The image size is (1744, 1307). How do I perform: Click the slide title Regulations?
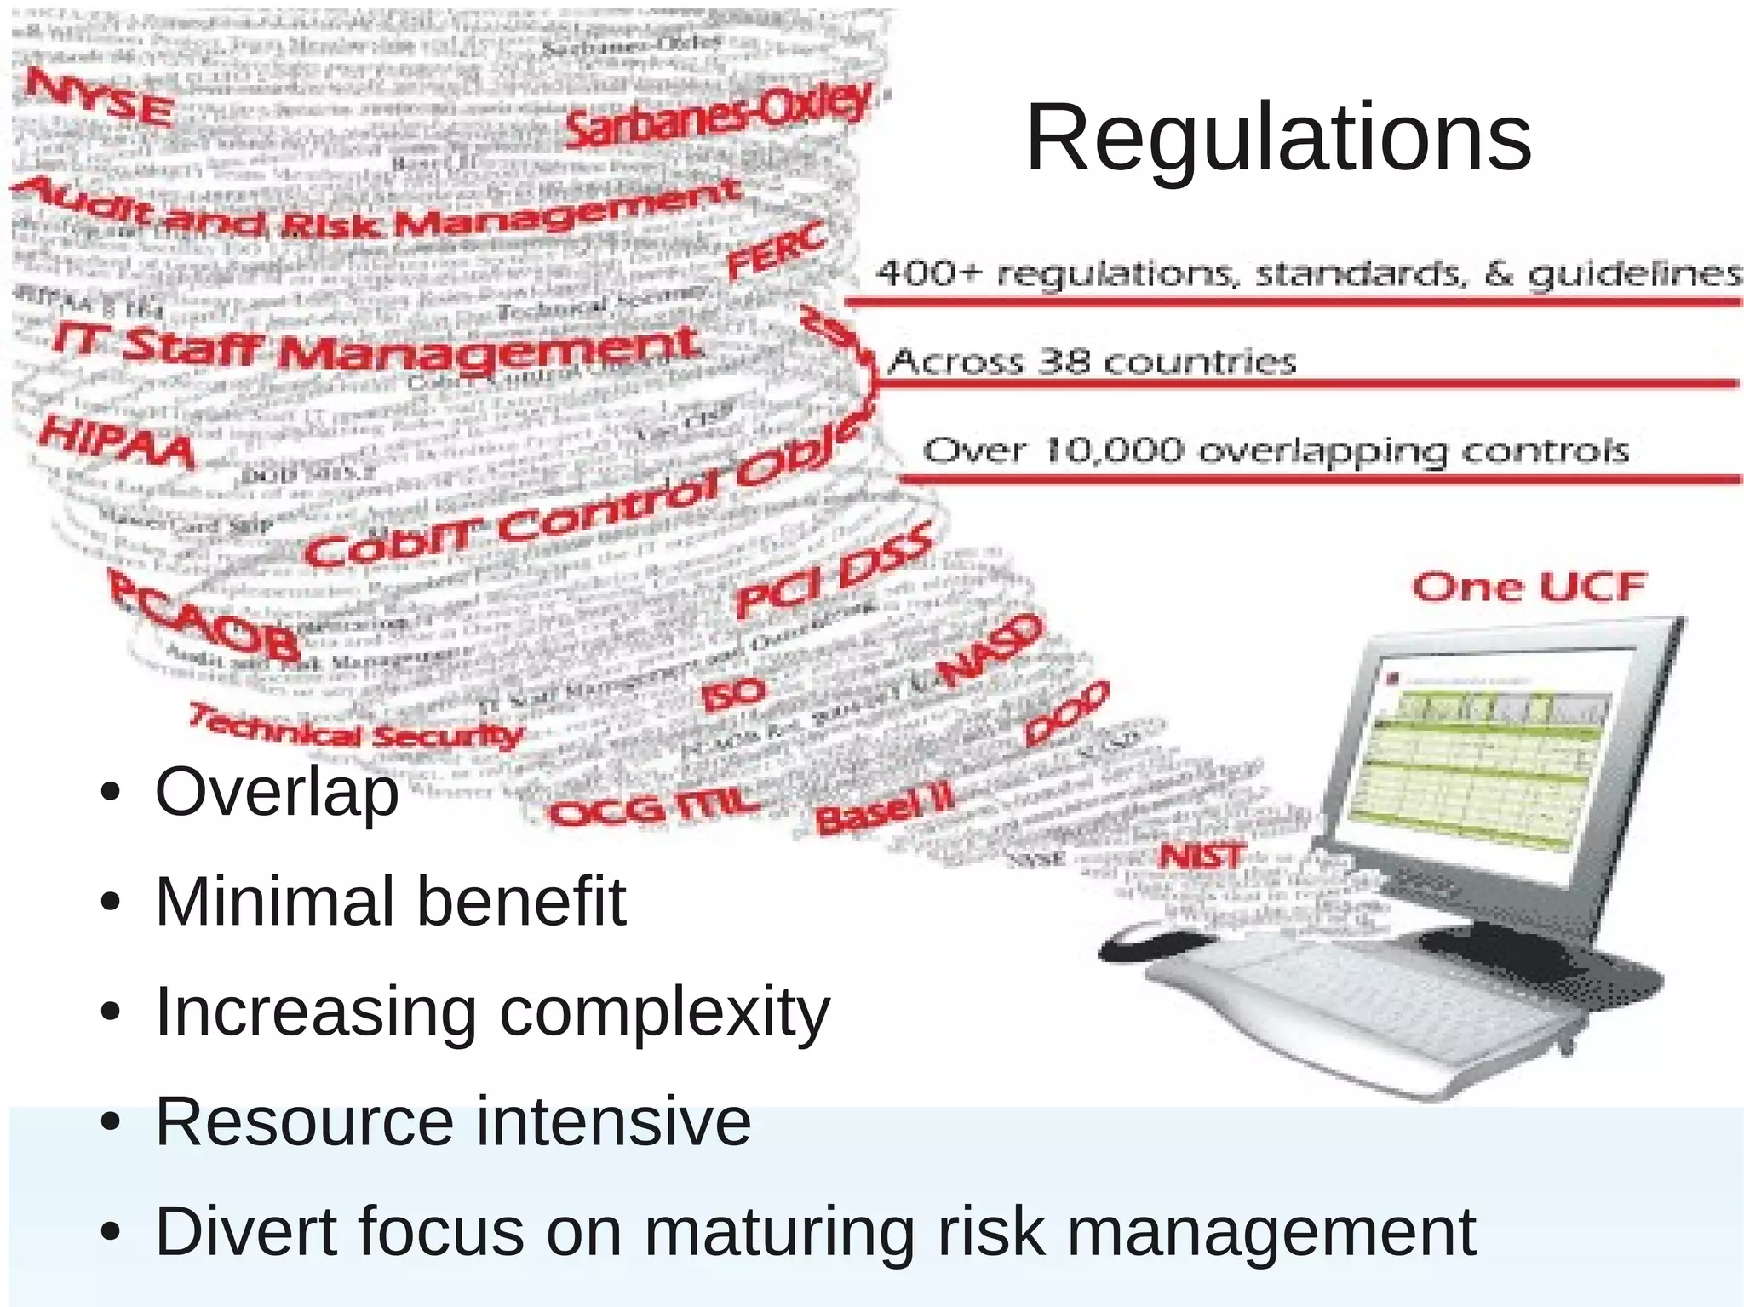[x=1278, y=139]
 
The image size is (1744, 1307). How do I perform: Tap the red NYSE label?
[x=100, y=98]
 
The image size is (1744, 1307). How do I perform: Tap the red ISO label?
[x=732, y=693]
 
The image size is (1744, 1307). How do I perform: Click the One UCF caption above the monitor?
[x=1529, y=588]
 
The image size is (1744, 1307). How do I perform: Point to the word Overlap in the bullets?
[x=277, y=792]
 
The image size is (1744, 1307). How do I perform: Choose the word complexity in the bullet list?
[x=664, y=1012]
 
